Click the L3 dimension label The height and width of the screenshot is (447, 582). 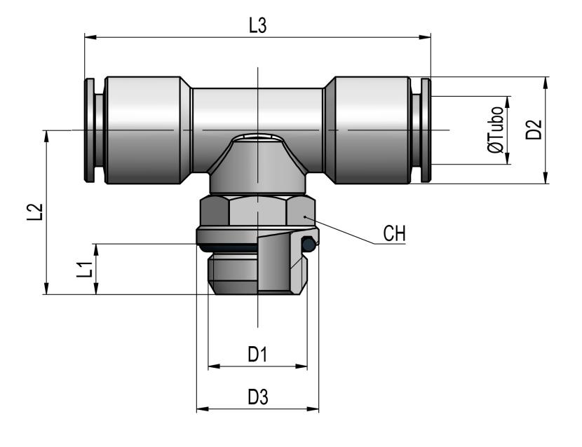pyautogui.click(x=258, y=26)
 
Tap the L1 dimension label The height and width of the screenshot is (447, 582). pyautogui.click(x=83, y=269)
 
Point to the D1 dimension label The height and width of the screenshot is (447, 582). pyautogui.click(x=257, y=355)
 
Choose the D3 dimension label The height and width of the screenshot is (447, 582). pyautogui.click(x=257, y=398)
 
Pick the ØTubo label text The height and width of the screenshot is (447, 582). pyautogui.click(x=496, y=130)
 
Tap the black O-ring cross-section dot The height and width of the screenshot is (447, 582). pyautogui.click(x=309, y=243)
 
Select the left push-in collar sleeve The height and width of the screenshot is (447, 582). pyautogui.click(x=148, y=130)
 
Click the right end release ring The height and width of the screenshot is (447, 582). pyautogui.click(x=426, y=130)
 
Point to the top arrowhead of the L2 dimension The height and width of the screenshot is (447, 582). pyautogui.click(x=47, y=134)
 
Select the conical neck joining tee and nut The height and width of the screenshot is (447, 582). pyautogui.click(x=257, y=168)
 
